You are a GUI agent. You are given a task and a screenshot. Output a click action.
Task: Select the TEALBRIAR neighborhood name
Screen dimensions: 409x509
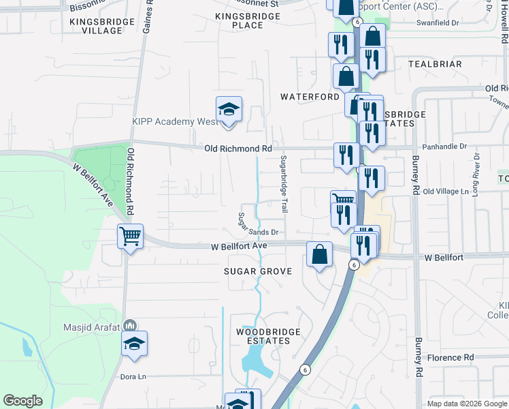pos(435,64)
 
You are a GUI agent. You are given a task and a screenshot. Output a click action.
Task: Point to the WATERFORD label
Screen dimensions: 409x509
pos(310,97)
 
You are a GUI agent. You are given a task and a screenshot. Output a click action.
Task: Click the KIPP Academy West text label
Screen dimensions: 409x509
pos(175,122)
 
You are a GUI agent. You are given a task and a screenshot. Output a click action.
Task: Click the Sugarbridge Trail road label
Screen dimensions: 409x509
pos(284,184)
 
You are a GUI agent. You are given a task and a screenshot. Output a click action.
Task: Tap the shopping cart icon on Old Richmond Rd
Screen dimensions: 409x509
pos(130,237)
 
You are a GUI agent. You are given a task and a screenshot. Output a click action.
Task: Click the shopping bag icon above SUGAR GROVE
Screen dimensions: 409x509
pos(319,254)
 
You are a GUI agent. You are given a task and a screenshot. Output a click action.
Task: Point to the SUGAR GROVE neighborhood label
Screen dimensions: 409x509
pos(258,271)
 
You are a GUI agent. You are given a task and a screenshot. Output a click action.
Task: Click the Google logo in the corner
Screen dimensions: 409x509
pos(22,401)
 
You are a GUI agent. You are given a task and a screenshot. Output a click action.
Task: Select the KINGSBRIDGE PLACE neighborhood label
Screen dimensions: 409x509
pos(237,20)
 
